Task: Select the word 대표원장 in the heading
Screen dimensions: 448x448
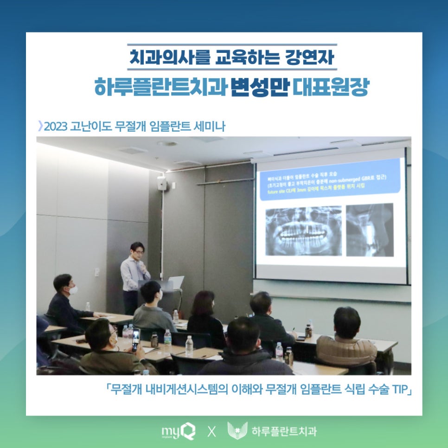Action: (x=330, y=87)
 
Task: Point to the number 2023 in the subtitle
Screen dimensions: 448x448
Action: (x=55, y=126)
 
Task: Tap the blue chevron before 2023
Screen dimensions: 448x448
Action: (x=40, y=126)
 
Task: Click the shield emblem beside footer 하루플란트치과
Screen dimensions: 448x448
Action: (x=237, y=431)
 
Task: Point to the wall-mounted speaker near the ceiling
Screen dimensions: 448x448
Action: (x=161, y=183)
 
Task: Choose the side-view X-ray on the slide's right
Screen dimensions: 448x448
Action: (x=370, y=230)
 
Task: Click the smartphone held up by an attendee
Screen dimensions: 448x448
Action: (x=135, y=339)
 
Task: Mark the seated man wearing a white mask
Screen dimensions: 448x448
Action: (x=66, y=301)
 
